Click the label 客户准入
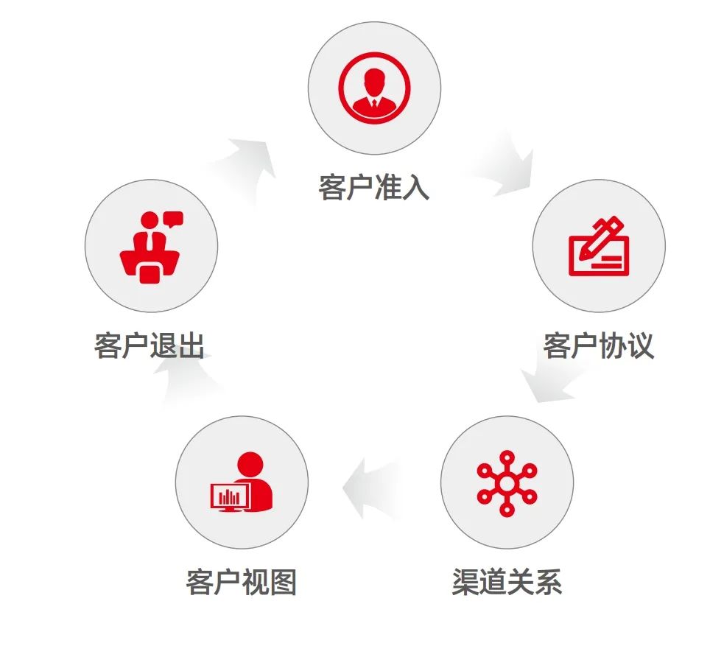pyautogui.click(x=373, y=186)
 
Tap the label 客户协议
pyautogui.click(x=598, y=345)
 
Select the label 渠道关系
pyautogui.click(x=507, y=582)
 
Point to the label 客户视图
pyautogui.click(x=241, y=582)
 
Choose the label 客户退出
pyautogui.click(x=150, y=345)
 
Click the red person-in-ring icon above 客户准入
pyautogui.click(x=374, y=88)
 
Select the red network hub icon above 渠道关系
pyautogui.click(x=507, y=482)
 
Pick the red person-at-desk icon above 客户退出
pyautogui.click(x=151, y=246)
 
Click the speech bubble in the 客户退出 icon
pyautogui.click(x=173, y=219)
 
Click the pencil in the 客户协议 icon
pyautogui.click(x=603, y=235)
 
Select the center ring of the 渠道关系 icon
pyautogui.click(x=507, y=483)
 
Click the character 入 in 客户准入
pyautogui.click(x=415, y=186)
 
